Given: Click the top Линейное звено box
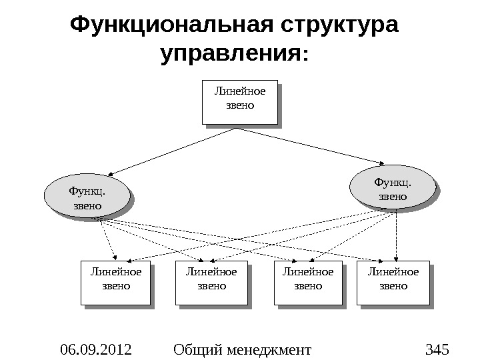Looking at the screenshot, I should (x=239, y=102).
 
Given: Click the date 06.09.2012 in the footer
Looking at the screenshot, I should (x=95, y=348).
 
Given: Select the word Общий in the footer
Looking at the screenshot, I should (x=195, y=348).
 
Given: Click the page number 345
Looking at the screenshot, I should (x=437, y=348).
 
